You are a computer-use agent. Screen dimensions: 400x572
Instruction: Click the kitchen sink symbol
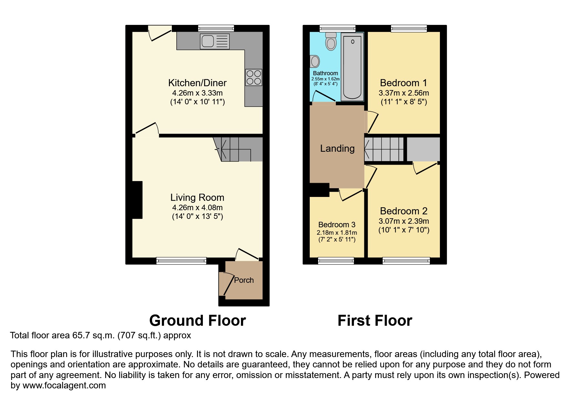pos(214,41)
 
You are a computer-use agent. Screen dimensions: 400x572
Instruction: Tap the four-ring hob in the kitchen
pos(254,77)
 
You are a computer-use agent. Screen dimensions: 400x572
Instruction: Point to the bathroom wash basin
pos(315,61)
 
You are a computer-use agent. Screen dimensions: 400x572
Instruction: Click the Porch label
pos(244,280)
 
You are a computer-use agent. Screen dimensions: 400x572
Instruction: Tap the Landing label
pos(337,149)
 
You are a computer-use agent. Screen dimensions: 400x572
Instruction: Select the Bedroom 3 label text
pos(337,225)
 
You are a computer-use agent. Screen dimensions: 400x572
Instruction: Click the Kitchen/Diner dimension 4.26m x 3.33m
pos(197,93)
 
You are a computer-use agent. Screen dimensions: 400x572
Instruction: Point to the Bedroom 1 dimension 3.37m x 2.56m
pos(404,93)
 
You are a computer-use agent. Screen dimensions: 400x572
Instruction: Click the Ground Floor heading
pos(197,321)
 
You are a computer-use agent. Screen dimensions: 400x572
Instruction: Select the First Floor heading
pos(375,321)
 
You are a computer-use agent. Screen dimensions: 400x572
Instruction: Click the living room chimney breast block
pos(137,200)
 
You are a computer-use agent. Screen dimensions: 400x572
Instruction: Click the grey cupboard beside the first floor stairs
pos(423,149)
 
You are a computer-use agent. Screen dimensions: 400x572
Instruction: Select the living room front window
pos(181,261)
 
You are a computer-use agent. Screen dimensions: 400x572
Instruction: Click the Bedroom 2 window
pos(406,261)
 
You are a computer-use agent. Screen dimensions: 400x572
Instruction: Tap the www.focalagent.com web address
pos(64,385)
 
